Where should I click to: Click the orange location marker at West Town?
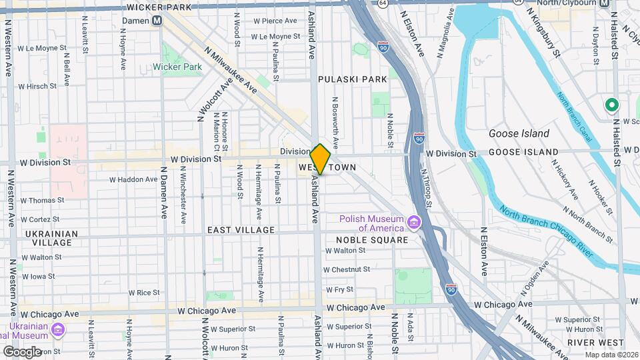(x=320, y=159)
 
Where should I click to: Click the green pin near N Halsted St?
(x=611, y=106)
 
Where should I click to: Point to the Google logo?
(x=22, y=351)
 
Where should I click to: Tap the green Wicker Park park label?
(x=177, y=67)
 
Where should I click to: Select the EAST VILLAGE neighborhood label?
(x=241, y=230)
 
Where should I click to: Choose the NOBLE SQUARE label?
(x=372, y=240)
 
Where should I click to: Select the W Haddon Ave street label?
(x=134, y=179)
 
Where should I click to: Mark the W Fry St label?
(x=338, y=289)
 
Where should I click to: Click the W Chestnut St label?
(x=346, y=269)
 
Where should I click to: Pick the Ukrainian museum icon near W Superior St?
(x=58, y=329)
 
